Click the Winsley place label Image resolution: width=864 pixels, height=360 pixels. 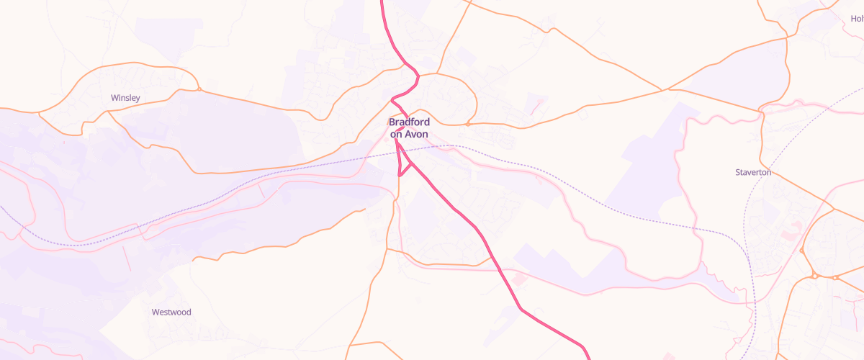tap(125, 97)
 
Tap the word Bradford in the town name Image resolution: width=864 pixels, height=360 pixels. tap(409, 122)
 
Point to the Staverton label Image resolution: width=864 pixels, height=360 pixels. tap(753, 173)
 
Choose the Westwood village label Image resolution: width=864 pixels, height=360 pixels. tap(171, 312)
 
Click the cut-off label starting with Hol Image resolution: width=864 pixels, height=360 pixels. tap(856, 19)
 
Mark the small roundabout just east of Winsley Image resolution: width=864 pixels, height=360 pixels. tap(198, 89)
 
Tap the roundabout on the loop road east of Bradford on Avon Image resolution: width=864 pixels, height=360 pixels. tap(467, 124)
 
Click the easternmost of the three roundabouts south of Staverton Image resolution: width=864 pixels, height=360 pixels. tap(835, 277)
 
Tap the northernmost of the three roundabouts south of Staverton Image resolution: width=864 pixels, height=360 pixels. tap(801, 251)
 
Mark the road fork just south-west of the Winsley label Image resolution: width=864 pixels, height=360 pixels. tap(107, 114)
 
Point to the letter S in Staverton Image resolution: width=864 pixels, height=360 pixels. tap(738, 173)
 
